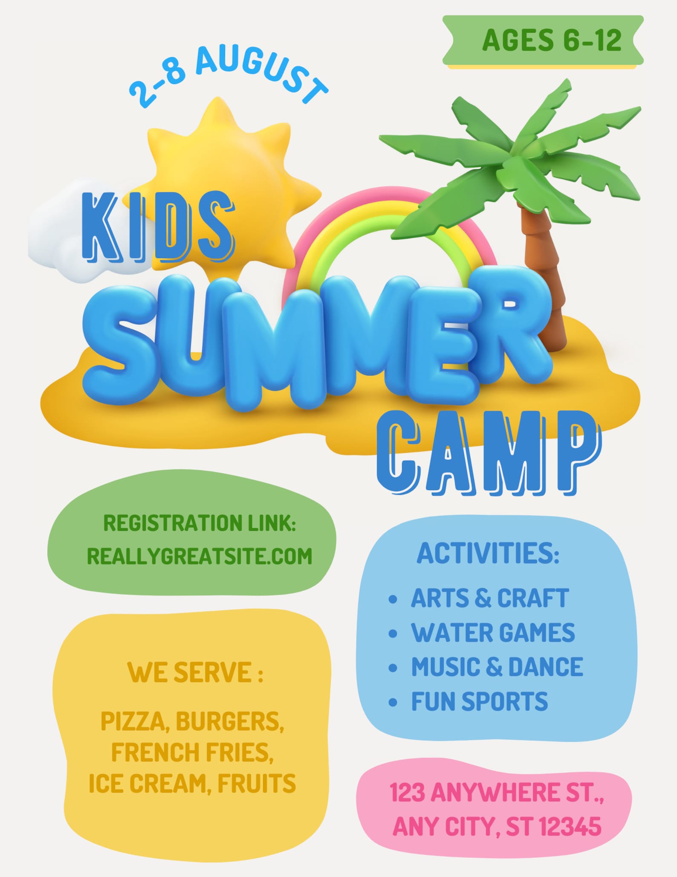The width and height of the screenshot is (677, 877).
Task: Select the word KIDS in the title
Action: pos(158,227)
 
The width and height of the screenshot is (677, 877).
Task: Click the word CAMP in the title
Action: pos(489,453)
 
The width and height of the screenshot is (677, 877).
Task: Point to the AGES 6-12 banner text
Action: pos(552,40)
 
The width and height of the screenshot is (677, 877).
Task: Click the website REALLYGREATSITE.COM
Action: pos(200,556)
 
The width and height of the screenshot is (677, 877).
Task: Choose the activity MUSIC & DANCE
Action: pos(497,667)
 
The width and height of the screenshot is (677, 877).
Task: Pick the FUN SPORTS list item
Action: pos(480,701)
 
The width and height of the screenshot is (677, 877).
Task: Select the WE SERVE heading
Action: pos(195,672)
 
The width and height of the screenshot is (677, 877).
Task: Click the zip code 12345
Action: pos(570,827)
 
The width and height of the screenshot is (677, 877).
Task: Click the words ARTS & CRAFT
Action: pos(490,598)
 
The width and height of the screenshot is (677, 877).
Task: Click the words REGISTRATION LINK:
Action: pos(200,523)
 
